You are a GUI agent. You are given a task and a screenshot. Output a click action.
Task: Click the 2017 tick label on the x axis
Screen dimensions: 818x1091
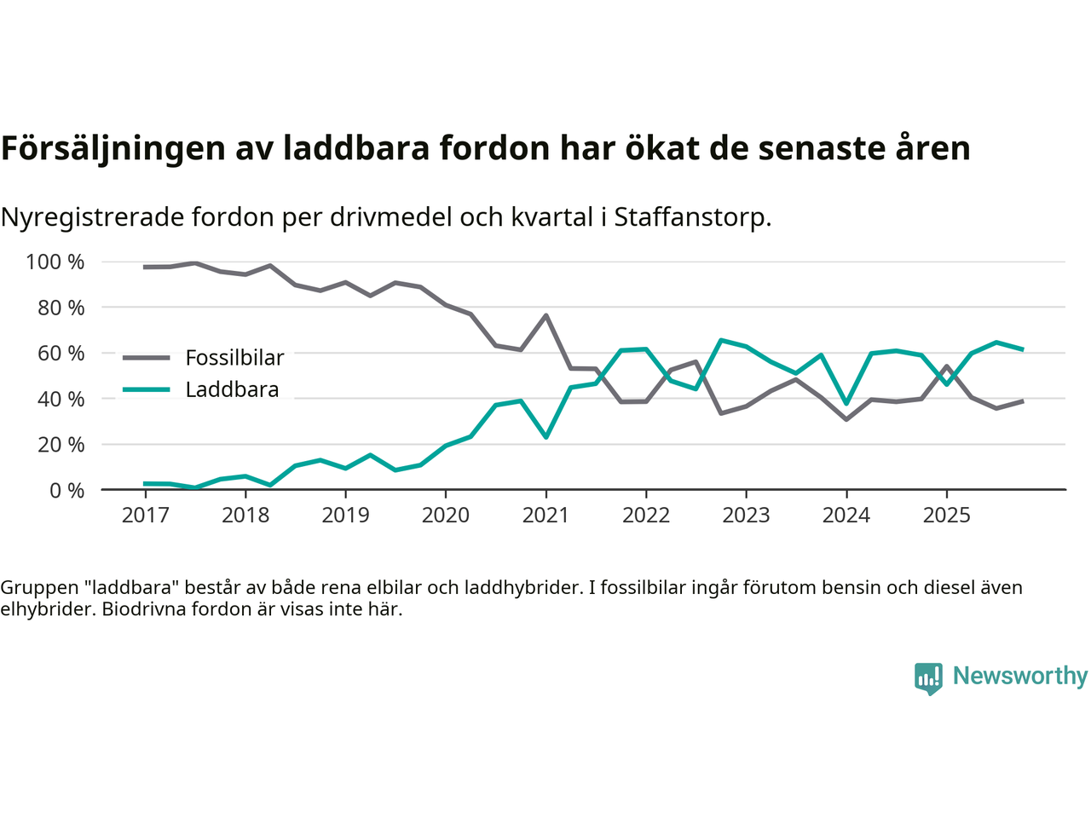(145, 516)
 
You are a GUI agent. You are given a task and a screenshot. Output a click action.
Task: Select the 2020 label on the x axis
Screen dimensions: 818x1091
(446, 516)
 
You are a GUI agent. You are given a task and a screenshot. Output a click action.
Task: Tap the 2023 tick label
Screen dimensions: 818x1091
(746, 516)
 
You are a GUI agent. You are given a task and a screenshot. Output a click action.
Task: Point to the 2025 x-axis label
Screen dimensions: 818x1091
(946, 516)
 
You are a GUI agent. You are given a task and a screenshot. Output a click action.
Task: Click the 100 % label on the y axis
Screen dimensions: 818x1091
(55, 262)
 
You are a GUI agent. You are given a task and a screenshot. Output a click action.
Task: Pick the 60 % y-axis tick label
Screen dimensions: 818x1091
(61, 354)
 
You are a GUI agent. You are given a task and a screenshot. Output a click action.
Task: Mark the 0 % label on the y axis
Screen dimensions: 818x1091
(66, 491)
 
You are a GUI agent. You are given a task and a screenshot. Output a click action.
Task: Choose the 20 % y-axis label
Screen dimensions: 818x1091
(61, 445)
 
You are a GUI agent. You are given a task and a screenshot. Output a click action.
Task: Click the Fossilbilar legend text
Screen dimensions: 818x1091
(234, 358)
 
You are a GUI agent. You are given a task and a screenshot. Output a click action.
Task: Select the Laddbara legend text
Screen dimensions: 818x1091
(232, 390)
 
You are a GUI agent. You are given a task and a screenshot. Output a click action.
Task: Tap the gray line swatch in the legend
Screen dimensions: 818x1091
(146, 358)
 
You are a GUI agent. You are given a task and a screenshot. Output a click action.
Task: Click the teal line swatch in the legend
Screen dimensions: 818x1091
(146, 390)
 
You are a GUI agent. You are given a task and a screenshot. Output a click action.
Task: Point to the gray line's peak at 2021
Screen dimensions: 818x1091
(545, 315)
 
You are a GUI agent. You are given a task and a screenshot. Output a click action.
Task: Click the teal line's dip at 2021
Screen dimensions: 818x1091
(545, 437)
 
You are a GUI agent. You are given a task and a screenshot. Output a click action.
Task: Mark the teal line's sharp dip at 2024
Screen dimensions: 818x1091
(846, 404)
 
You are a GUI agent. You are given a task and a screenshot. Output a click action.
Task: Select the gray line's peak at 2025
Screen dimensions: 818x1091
(946, 366)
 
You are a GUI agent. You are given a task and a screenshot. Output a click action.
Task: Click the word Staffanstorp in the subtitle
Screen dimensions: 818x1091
(692, 217)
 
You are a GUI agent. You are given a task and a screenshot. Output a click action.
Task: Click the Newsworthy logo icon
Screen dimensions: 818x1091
(928, 678)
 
